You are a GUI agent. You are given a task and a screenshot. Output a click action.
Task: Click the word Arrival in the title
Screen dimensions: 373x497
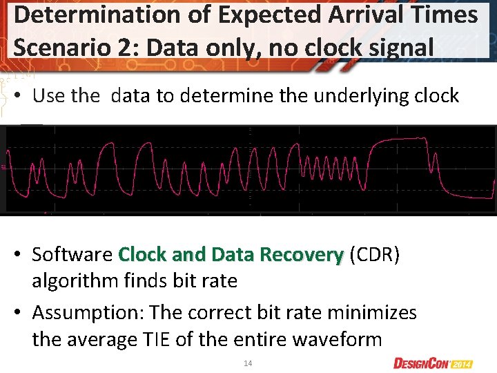point(351,15)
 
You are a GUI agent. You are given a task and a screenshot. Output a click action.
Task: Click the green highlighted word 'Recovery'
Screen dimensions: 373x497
point(302,255)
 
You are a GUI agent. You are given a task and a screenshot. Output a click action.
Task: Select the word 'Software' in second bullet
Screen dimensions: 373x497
point(72,255)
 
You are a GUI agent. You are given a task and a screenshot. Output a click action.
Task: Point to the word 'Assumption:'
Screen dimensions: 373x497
point(88,313)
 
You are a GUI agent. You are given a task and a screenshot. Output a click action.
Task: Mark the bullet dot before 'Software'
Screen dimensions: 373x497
point(22,256)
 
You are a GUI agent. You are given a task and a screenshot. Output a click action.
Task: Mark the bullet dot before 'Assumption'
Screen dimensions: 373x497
point(22,314)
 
